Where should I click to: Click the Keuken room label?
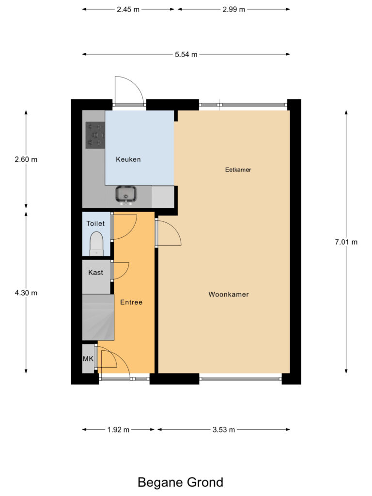pyautogui.click(x=128, y=159)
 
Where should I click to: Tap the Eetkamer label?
pyautogui.click(x=238, y=170)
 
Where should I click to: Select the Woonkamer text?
pyautogui.click(x=229, y=294)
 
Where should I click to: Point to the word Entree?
pyautogui.click(x=131, y=302)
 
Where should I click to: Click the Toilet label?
pyautogui.click(x=95, y=224)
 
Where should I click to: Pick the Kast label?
pyautogui.click(x=95, y=273)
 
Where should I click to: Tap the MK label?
pyautogui.click(x=88, y=359)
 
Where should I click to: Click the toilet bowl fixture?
pyautogui.click(x=97, y=244)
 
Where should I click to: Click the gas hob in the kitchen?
pyautogui.click(x=95, y=135)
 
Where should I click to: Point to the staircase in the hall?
pyautogui.click(x=98, y=318)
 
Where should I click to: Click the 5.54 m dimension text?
pyautogui.click(x=186, y=54)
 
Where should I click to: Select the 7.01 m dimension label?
pyautogui.click(x=346, y=242)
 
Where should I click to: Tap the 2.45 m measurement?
pyautogui.click(x=128, y=9)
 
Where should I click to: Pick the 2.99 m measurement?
pyautogui.click(x=233, y=9)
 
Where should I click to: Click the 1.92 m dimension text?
pyautogui.click(x=118, y=430)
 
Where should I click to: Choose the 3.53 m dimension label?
pyautogui.click(x=223, y=430)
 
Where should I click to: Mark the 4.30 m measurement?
pyautogui.click(x=26, y=293)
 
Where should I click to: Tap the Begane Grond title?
pyautogui.click(x=180, y=482)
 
